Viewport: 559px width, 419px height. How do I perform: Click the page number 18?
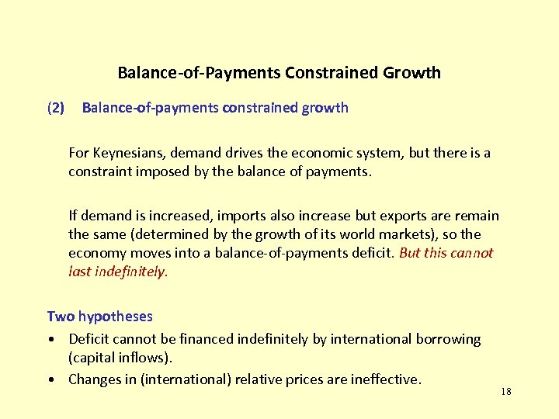click(x=506, y=392)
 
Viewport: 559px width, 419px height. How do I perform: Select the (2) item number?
click(x=56, y=108)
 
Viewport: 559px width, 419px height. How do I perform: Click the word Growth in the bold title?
click(x=411, y=73)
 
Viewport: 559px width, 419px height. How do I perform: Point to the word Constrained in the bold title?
click(x=332, y=73)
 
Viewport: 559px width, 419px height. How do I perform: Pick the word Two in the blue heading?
click(x=61, y=317)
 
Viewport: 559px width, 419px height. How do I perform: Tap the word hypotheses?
click(x=116, y=317)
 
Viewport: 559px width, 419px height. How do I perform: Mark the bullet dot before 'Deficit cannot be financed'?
click(x=50, y=340)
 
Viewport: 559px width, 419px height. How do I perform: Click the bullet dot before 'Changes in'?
click(x=50, y=380)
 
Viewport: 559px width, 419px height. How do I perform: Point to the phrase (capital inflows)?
click(x=120, y=358)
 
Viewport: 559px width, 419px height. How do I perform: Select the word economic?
click(x=314, y=153)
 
